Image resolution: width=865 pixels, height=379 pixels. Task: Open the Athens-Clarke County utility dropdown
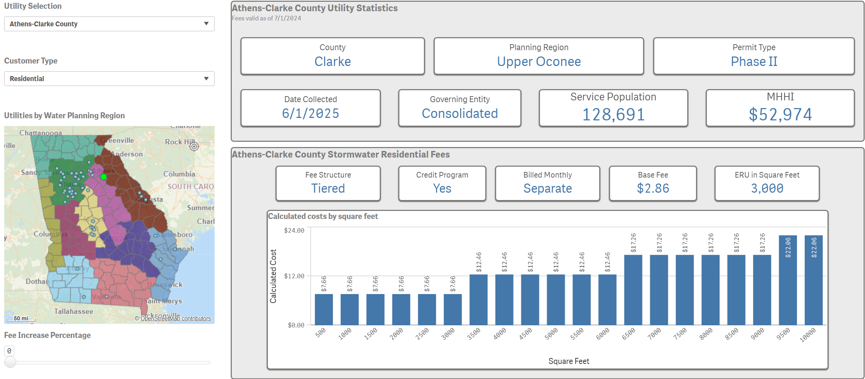point(109,24)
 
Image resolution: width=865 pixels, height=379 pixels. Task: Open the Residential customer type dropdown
point(109,79)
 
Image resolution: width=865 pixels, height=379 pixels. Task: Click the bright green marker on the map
point(103,177)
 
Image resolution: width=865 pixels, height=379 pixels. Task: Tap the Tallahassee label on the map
point(74,311)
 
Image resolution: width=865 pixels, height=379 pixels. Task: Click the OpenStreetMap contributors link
point(175,318)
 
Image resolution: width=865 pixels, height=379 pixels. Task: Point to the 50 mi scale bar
point(21,319)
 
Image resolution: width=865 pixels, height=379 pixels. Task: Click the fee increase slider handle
point(11,362)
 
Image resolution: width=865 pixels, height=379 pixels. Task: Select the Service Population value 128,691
point(613,115)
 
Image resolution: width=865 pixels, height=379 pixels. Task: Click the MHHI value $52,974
point(780,115)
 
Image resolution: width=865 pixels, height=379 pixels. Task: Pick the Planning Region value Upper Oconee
point(539,62)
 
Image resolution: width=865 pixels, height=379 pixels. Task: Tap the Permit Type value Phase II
point(754,62)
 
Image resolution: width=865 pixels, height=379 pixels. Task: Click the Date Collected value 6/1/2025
point(310,113)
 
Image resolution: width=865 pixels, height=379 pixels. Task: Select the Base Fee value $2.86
point(653,188)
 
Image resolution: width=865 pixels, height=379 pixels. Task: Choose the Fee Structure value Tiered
point(328,188)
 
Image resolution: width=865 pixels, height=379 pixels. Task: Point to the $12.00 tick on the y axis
point(294,276)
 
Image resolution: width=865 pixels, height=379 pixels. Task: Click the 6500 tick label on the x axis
point(628,334)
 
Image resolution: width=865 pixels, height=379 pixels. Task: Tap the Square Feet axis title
point(568,361)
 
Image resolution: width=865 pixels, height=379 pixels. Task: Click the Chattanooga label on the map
point(41,133)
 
